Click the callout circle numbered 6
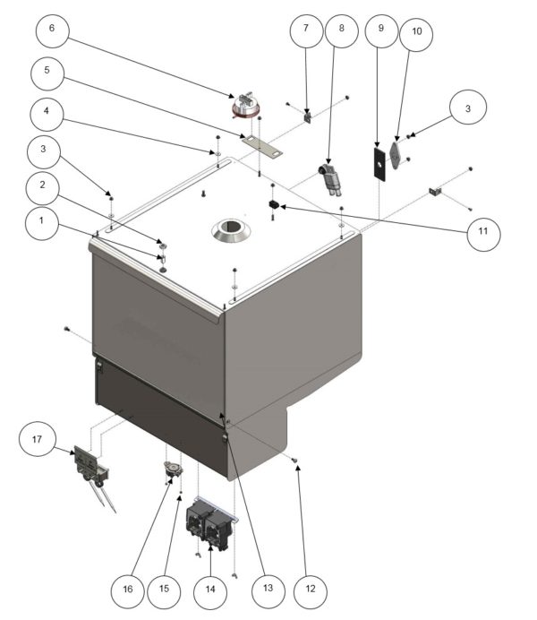click(51, 28)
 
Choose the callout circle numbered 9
click(381, 30)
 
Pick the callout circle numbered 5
click(51, 69)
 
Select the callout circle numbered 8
click(341, 30)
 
